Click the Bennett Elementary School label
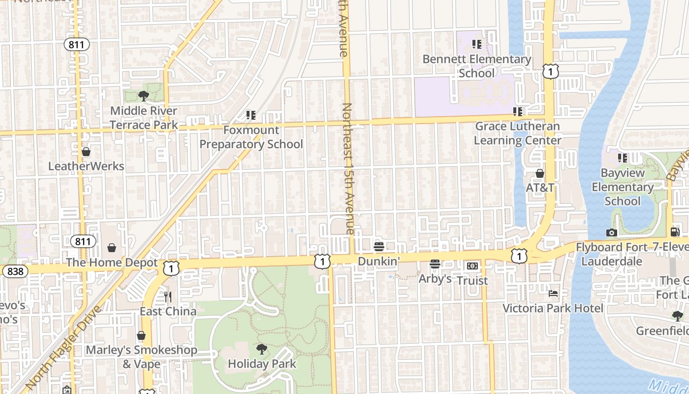(x=477, y=66)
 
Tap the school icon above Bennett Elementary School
(x=476, y=45)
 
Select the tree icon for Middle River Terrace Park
(x=143, y=96)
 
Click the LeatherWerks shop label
(x=86, y=166)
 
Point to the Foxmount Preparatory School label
(x=251, y=137)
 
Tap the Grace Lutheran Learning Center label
(x=517, y=133)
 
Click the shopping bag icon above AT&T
(x=540, y=173)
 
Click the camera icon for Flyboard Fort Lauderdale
(x=612, y=232)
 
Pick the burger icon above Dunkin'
(x=378, y=246)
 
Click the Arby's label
(x=435, y=279)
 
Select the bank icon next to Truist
(x=472, y=266)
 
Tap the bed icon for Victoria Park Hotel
(x=553, y=294)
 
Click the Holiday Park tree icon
(x=262, y=349)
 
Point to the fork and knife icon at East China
(x=168, y=297)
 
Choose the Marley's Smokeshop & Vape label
(x=142, y=357)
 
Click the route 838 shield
(x=15, y=271)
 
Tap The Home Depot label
(x=112, y=263)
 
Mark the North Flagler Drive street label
(x=63, y=347)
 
